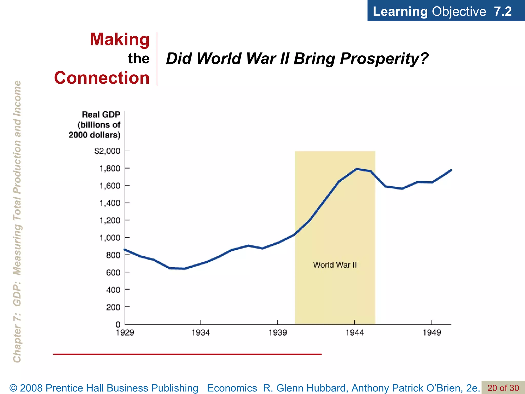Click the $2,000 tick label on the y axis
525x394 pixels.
click(107, 151)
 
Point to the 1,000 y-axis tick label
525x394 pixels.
click(110, 238)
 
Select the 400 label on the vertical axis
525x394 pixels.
click(113, 290)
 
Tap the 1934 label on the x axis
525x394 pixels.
click(200, 333)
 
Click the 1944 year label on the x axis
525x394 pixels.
click(355, 333)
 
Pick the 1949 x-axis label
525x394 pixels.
click(432, 333)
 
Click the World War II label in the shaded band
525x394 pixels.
click(335, 265)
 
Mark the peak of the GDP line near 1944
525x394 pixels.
click(357, 169)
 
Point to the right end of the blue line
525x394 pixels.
click(451, 170)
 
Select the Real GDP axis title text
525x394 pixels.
click(101, 115)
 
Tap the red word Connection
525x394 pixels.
click(102, 78)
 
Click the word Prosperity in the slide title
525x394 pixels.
click(384, 58)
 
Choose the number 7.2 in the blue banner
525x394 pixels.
click(502, 12)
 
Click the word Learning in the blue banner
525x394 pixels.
click(400, 12)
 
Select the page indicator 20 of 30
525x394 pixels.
click(503, 388)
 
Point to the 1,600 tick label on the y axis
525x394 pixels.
click(110, 186)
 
